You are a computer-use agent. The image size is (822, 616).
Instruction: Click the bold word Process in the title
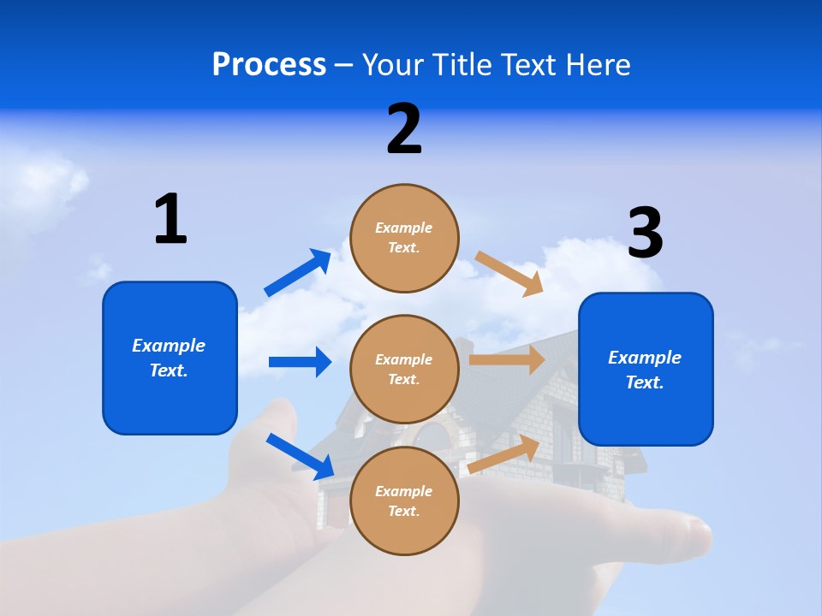coord(269,65)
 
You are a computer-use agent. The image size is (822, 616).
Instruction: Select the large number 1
coord(170,219)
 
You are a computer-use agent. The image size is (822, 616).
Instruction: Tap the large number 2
coord(404,129)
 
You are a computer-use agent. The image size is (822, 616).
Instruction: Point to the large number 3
coord(645,234)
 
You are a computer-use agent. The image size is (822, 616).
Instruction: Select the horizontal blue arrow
coord(300,362)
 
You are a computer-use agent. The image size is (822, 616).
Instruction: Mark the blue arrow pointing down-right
coord(301,456)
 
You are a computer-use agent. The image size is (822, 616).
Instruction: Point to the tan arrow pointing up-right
coord(503,454)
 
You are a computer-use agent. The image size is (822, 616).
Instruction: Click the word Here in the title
coord(597,65)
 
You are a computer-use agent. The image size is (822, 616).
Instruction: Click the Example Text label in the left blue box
coord(170,358)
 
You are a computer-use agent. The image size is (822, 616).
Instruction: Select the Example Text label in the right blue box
coord(646,370)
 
